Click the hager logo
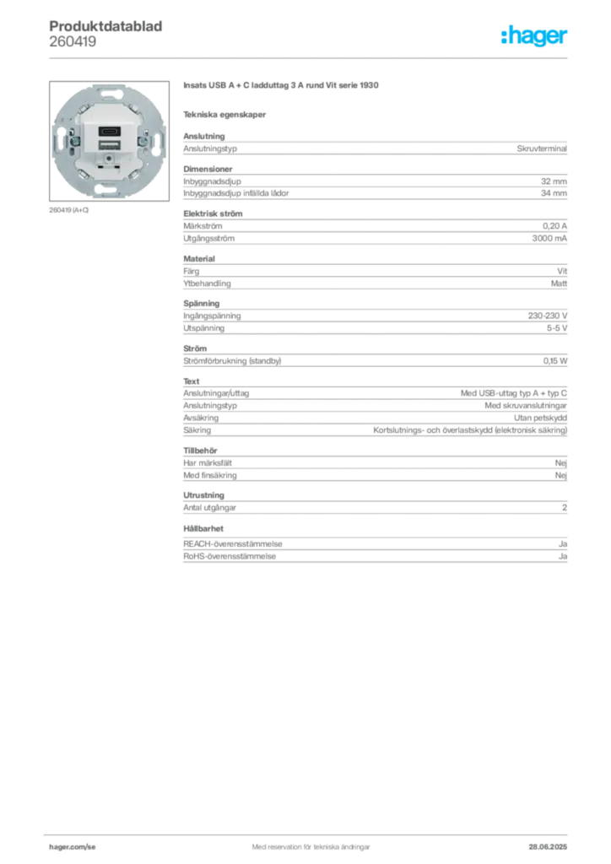(533, 35)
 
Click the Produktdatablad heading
(105, 26)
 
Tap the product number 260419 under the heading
(73, 41)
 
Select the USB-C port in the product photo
(109, 132)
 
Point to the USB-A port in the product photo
(109, 145)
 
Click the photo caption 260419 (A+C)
(69, 210)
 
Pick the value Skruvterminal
(542, 148)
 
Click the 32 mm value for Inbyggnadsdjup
(554, 181)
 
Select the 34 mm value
(554, 193)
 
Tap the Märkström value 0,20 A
(554, 226)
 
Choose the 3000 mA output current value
(549, 238)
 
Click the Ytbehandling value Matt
(559, 283)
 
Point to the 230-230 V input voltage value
(547, 316)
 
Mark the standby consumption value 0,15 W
(554, 361)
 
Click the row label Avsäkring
(201, 418)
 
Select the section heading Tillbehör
(200, 451)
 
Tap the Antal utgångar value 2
(565, 507)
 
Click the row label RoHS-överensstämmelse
(230, 556)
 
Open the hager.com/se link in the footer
(73, 847)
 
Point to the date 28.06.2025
(548, 847)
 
